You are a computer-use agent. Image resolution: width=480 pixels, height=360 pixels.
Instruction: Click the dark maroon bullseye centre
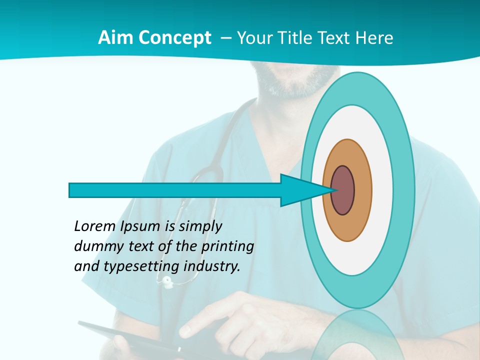click(342, 190)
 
